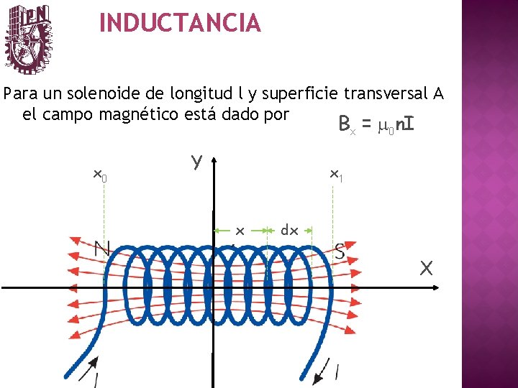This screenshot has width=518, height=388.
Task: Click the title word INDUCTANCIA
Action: pos(180,23)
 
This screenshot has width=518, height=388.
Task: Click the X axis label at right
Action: pos(427,269)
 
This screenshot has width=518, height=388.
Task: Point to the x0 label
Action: pos(101,175)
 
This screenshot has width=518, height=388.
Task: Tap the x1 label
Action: pos(335,174)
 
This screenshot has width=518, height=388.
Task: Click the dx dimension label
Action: pos(289,230)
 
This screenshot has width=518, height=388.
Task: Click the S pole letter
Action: pos(341,251)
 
